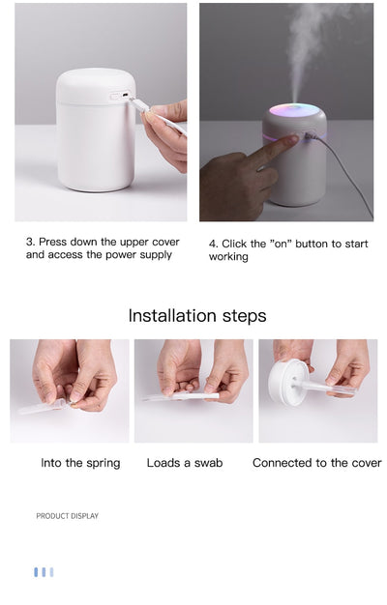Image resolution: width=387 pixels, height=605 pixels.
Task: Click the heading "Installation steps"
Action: pos(197,316)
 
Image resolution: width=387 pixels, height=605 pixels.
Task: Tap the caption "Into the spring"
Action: pos(80,463)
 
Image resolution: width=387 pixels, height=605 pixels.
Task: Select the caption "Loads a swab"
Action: pos(185,463)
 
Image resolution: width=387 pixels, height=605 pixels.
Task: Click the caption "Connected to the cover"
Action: pos(316,463)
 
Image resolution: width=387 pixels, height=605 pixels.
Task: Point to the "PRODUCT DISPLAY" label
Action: pos(67,516)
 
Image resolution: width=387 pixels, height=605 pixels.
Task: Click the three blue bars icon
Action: pos(44,572)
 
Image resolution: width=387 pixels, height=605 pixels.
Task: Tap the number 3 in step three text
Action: pos(29,242)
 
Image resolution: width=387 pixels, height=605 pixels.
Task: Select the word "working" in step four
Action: pos(228,257)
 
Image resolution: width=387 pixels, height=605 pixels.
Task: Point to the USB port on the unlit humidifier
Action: pos(116,96)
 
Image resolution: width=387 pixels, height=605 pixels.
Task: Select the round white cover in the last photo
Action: pos(287,381)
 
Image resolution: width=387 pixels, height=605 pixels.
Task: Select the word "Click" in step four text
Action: pos(237,244)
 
